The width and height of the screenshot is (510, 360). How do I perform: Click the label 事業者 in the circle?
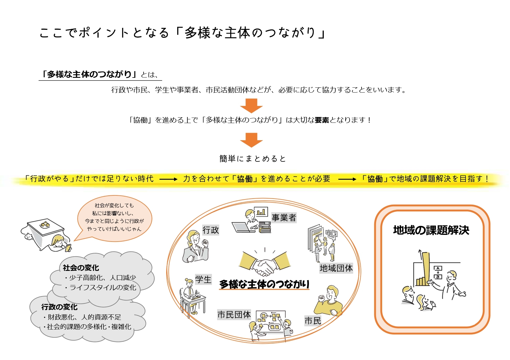(284, 217)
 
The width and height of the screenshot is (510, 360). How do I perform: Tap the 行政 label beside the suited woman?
(211, 230)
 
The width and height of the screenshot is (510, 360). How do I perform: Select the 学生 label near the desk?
(203, 280)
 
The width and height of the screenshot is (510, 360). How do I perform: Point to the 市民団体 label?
(234, 314)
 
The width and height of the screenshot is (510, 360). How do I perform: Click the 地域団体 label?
(336, 268)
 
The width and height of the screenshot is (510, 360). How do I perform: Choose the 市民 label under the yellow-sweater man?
(313, 321)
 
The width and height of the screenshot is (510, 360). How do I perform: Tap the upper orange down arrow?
(251, 105)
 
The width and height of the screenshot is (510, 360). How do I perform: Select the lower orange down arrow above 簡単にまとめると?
(251, 140)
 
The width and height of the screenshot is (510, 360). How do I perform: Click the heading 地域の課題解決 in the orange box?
(431, 230)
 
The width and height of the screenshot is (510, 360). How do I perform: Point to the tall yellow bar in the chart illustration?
(426, 269)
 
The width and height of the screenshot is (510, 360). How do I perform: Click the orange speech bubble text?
(114, 217)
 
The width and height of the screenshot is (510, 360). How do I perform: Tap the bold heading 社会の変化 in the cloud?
(81, 268)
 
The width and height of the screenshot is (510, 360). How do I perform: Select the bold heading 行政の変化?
(59, 307)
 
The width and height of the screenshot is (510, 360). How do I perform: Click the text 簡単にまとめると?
(253, 159)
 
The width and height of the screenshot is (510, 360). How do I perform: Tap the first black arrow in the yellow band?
(168, 179)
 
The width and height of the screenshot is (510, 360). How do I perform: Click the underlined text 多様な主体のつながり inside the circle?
(264, 284)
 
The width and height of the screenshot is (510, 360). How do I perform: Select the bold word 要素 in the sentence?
(322, 120)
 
